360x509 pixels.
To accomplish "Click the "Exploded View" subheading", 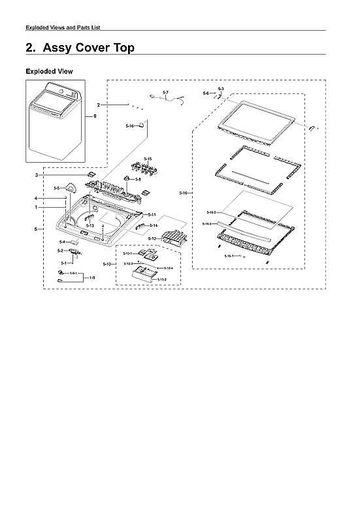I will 49,71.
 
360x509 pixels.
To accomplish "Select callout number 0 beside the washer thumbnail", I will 95,116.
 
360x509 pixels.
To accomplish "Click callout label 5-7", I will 165,92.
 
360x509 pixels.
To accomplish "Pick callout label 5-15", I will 148,159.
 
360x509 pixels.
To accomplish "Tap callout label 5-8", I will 139,178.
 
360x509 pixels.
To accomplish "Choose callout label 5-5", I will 57,188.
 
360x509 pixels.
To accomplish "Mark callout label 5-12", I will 152,239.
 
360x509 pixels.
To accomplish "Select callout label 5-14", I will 154,225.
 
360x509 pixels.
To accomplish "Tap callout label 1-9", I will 92,278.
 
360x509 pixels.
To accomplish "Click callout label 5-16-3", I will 206,224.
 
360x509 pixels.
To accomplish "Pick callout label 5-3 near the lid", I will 221,88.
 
